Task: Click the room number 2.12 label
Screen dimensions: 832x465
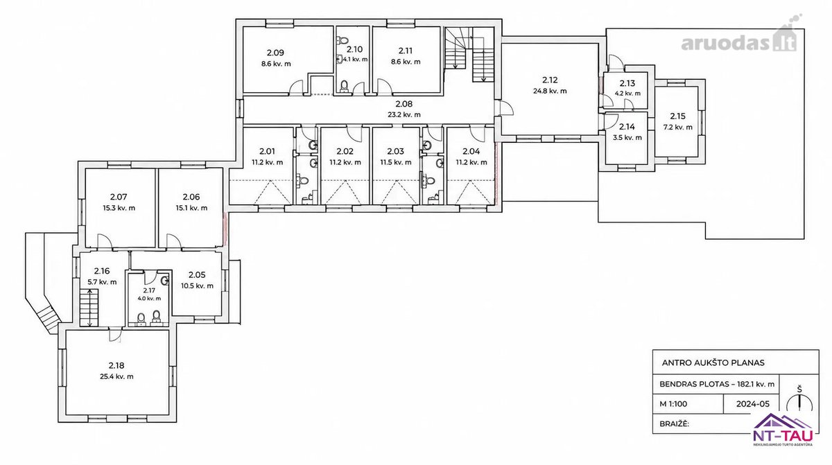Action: click(x=550, y=80)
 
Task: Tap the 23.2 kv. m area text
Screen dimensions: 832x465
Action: click(x=404, y=114)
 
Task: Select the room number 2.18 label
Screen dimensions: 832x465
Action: click(x=116, y=365)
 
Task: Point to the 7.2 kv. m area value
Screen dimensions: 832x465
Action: click(x=678, y=127)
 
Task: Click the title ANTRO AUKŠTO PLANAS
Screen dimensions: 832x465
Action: click(x=713, y=362)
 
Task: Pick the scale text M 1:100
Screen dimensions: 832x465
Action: click(x=673, y=404)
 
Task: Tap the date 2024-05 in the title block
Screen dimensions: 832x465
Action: click(x=753, y=404)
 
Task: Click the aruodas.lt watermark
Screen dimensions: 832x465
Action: click(x=739, y=39)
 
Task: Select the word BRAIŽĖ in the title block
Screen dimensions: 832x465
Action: click(x=674, y=424)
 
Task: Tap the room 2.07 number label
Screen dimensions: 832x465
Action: click(x=119, y=197)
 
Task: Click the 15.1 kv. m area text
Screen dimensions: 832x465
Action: click(x=191, y=208)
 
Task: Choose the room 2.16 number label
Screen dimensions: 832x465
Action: click(x=102, y=270)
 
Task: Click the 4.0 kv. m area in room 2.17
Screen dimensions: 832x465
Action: click(x=149, y=299)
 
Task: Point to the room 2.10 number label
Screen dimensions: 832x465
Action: click(x=354, y=49)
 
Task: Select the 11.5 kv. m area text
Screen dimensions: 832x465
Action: click(x=396, y=162)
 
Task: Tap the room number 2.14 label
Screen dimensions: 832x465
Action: click(x=627, y=127)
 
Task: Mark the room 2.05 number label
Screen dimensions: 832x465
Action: click(x=197, y=274)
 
